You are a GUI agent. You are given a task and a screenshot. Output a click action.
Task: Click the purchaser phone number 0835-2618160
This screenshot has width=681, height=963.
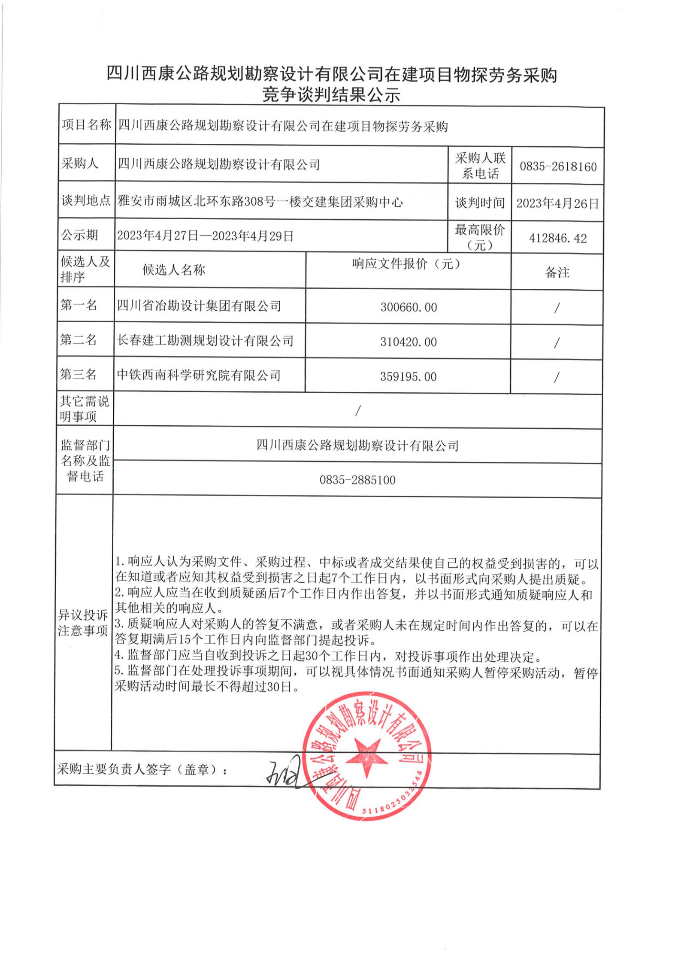(x=558, y=167)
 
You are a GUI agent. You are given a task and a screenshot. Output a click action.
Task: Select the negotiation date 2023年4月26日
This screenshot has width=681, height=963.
(x=557, y=203)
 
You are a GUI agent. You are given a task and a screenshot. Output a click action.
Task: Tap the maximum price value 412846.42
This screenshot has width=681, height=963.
(x=558, y=238)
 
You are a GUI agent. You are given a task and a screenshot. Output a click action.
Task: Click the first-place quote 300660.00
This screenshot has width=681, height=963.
(x=409, y=307)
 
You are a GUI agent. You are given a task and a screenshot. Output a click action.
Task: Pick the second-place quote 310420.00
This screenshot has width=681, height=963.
(x=409, y=342)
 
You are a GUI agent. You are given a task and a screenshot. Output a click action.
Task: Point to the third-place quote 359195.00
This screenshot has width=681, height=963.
(x=409, y=377)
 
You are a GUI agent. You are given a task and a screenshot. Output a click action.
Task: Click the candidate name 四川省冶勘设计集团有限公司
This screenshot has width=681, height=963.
(x=199, y=306)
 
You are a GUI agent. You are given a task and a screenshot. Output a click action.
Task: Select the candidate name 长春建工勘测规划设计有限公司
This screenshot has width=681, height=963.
(x=205, y=341)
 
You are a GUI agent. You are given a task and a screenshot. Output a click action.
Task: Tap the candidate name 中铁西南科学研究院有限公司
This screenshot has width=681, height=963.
(x=199, y=376)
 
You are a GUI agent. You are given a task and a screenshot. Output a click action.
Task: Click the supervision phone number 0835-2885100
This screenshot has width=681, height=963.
(x=357, y=480)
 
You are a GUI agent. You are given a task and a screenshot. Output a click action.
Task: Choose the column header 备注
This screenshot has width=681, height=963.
(x=557, y=272)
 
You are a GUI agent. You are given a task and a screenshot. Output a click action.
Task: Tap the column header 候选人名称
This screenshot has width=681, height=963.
(x=174, y=270)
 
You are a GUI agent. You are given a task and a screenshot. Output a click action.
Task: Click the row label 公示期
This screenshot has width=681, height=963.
(x=79, y=235)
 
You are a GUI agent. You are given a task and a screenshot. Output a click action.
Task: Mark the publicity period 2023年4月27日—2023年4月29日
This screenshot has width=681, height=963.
(x=205, y=236)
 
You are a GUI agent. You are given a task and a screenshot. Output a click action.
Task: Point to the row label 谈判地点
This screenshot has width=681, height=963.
(x=86, y=200)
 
